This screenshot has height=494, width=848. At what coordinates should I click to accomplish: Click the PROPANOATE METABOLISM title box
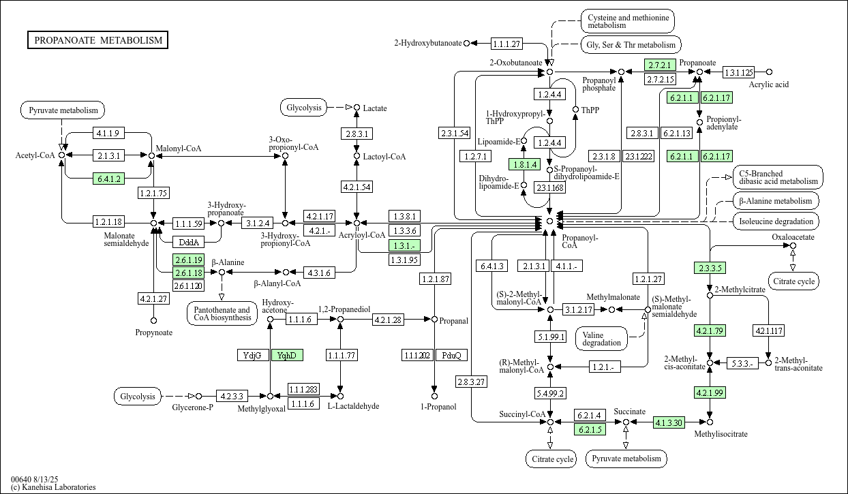click(x=98, y=40)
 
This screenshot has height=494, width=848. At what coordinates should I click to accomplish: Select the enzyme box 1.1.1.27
click(x=506, y=44)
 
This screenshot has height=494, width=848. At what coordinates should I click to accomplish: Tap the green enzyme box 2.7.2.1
click(x=660, y=65)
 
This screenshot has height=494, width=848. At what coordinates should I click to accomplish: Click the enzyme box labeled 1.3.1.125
click(x=738, y=72)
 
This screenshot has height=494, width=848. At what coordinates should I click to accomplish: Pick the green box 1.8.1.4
click(x=524, y=164)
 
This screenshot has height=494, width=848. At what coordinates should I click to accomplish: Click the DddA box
click(x=187, y=242)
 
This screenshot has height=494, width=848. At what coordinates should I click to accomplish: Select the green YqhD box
click(x=287, y=355)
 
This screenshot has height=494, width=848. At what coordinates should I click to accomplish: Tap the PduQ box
click(x=451, y=355)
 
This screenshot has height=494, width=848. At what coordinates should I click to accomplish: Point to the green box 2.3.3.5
click(x=710, y=268)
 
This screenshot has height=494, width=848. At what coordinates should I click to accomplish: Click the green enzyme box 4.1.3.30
click(x=669, y=422)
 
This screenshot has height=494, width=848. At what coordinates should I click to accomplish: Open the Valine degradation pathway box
click(x=602, y=338)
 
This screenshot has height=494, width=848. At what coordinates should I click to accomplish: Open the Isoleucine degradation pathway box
click(x=776, y=221)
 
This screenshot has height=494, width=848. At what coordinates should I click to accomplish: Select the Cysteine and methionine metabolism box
click(x=627, y=20)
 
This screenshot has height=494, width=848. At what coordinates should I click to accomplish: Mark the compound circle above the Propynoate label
click(x=153, y=320)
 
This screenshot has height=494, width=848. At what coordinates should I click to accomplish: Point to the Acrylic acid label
click(x=768, y=84)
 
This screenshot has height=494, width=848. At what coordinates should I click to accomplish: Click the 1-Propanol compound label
click(x=434, y=407)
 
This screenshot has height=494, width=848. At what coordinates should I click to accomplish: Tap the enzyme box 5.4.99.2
click(x=550, y=393)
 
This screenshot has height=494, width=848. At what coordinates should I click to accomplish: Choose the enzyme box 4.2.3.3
click(x=232, y=395)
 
